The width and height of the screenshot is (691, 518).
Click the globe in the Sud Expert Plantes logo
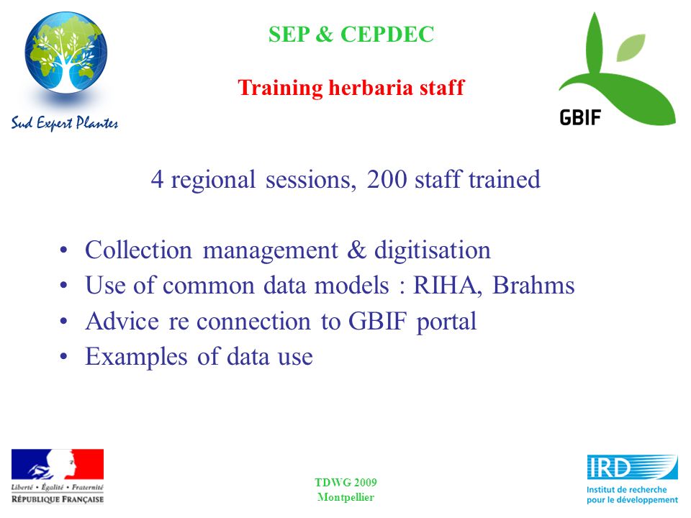tap(66, 53)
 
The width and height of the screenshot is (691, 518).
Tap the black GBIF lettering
tap(580, 117)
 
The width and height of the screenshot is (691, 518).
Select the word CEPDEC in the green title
tap(387, 35)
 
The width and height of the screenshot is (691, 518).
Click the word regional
tap(213, 181)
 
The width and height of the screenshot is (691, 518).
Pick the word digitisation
tap(433, 250)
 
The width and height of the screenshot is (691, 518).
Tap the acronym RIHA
tap(445, 286)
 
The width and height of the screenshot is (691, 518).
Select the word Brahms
tap(533, 286)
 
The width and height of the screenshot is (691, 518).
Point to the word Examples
tap(136, 357)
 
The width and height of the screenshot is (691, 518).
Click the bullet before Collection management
tap(64, 250)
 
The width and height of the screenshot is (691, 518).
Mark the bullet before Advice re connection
tap(64, 321)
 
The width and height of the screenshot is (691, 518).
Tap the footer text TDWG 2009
tap(346, 483)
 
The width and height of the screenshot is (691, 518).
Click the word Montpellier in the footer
tap(346, 497)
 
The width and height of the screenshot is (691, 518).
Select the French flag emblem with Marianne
tap(58, 464)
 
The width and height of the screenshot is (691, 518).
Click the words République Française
tap(58, 499)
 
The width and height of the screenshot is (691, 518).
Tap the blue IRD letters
tap(609, 468)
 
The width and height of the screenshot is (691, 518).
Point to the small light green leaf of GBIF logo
tap(631, 47)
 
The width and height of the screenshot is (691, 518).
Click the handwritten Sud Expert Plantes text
tap(65, 123)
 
